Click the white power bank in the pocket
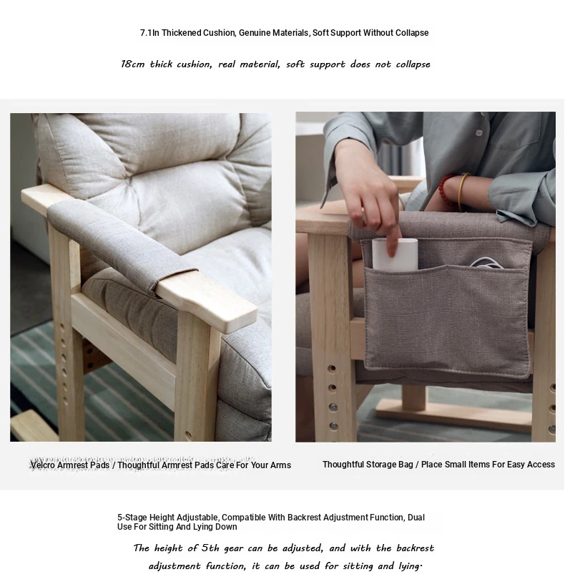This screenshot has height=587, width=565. click(x=395, y=254)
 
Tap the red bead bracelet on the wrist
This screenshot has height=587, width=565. click(x=446, y=189)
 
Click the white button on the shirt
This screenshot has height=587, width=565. click(x=478, y=133)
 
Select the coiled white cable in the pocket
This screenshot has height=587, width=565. click(x=486, y=263)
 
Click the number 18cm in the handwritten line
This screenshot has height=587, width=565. click(x=133, y=64)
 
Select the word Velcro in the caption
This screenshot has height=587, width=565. click(x=44, y=465)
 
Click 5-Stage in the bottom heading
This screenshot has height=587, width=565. click(x=132, y=518)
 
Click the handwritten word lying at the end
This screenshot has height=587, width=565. click(x=411, y=566)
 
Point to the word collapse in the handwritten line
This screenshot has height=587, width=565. click(x=413, y=64)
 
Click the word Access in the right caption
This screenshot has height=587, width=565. click(x=541, y=464)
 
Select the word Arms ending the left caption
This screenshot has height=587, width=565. click(x=281, y=465)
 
